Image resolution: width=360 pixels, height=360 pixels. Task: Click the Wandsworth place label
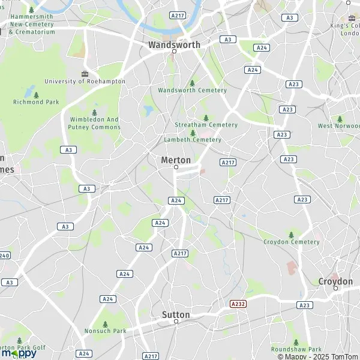(174, 44)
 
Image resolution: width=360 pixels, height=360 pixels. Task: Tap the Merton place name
(176, 160)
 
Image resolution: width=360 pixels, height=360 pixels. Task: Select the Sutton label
(176, 314)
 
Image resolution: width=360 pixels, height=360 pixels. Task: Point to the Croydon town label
(335, 281)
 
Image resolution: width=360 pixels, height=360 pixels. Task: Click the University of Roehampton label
(85, 81)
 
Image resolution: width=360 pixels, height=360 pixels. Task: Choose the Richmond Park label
(36, 102)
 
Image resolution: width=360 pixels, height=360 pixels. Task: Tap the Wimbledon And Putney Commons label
(95, 123)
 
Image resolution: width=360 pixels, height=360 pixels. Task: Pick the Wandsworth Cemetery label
(192, 90)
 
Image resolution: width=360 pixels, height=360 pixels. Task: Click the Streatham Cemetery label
(206, 125)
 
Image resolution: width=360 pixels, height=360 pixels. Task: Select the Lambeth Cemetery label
(193, 139)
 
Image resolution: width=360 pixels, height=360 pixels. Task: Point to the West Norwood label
(338, 126)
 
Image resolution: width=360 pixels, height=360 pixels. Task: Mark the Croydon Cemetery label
(292, 242)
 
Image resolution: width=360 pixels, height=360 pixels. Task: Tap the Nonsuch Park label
(105, 331)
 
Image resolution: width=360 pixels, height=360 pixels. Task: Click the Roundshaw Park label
(296, 349)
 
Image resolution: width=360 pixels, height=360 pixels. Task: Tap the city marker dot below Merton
(176, 167)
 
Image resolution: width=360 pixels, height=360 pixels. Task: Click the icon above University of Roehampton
(84, 73)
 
